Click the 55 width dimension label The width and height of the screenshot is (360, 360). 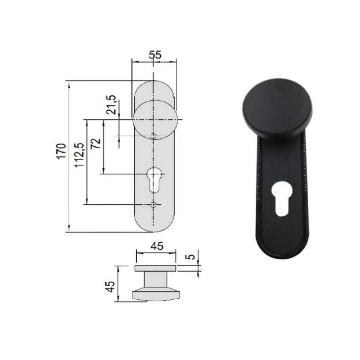pyautogui.click(x=155, y=55)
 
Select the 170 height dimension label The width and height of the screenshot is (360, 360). pyautogui.click(x=61, y=151)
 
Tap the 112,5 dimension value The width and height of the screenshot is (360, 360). pyautogui.click(x=79, y=155)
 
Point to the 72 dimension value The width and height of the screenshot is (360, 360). pyautogui.click(x=95, y=144)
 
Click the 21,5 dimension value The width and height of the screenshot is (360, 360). pyautogui.click(x=111, y=105)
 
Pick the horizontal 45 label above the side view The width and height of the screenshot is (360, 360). pyautogui.click(x=157, y=246)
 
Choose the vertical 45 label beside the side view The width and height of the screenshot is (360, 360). pyautogui.click(x=110, y=287)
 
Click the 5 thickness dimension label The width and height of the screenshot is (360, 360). pyautogui.click(x=190, y=256)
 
